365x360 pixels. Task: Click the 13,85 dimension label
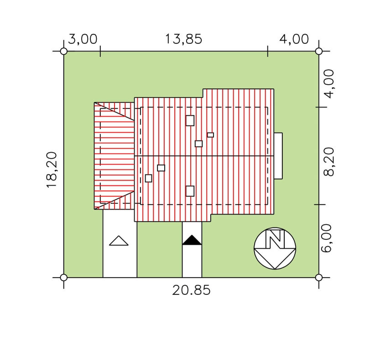click(x=183, y=39)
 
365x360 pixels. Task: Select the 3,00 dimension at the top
click(x=83, y=39)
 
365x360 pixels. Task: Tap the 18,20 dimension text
click(x=52, y=170)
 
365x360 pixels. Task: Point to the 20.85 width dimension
click(x=191, y=290)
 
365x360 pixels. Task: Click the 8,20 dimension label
click(x=328, y=162)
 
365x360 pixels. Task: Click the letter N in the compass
click(x=275, y=239)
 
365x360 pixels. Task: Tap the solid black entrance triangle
click(x=192, y=240)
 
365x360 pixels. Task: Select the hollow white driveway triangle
click(x=119, y=241)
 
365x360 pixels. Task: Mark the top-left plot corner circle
click(x=63, y=51)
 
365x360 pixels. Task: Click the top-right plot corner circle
click(x=318, y=51)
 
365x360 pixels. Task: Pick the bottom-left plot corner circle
click(x=63, y=278)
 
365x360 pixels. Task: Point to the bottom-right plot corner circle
click(x=318, y=278)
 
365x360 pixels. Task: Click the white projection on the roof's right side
click(x=278, y=156)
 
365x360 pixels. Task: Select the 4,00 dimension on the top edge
click(x=294, y=39)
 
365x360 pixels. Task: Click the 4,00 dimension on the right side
click(x=328, y=84)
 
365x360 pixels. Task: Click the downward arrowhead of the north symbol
click(x=275, y=258)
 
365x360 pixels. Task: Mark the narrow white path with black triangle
click(x=192, y=250)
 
